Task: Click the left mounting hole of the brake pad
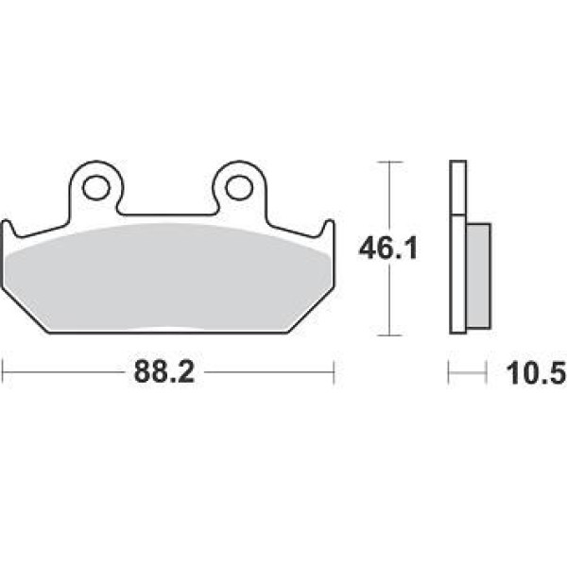coord(95,188)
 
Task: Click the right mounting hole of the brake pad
coord(239,188)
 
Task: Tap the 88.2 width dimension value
coord(164,372)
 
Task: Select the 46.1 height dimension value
coord(388,249)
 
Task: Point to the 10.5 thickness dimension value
coord(536,373)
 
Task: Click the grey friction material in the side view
coord(478,276)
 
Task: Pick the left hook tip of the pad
coord(7,222)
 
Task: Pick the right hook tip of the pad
coord(330,222)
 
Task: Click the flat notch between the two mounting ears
coord(167,215)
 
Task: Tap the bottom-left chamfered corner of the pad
coord(26,310)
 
